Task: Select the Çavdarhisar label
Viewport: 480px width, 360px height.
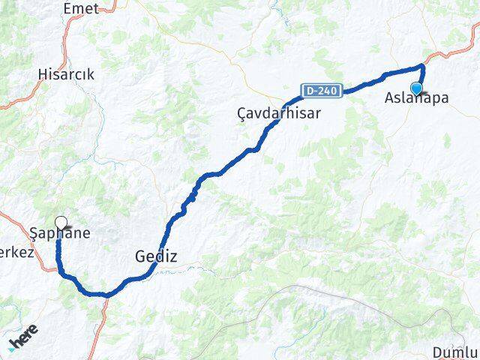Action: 278,112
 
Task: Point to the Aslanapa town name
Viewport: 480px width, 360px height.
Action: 417,97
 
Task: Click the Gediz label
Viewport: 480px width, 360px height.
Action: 156,256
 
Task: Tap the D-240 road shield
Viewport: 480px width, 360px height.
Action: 323,91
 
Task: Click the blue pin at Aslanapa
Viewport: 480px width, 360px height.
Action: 417,88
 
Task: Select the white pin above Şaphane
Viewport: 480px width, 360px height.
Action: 61,222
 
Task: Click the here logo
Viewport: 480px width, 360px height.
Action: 24,339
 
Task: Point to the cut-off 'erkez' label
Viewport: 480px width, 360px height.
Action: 16,253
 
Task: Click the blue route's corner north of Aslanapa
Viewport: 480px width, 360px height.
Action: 423,67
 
